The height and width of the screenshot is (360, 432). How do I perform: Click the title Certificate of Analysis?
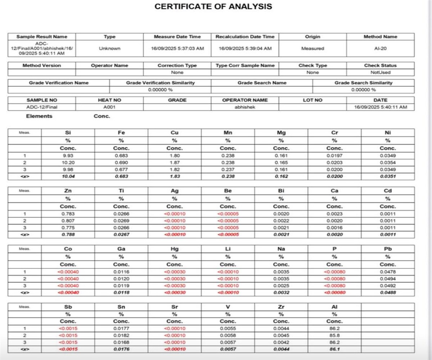tap(213, 6)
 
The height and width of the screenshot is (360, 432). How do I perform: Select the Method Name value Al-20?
tap(380, 48)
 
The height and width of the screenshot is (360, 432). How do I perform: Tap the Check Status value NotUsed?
tap(380, 72)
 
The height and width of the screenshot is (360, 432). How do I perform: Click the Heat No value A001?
tap(109, 107)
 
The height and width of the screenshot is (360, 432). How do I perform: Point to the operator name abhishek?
tap(245, 107)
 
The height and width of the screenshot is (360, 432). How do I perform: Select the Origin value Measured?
tap(312, 48)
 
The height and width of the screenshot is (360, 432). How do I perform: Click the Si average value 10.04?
tap(68, 176)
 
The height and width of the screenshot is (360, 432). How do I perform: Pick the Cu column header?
tap(175, 132)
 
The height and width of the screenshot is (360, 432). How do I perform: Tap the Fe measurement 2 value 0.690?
tap(121, 163)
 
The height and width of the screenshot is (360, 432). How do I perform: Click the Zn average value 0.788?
tap(68, 235)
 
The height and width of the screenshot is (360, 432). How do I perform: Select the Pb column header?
tap(388, 249)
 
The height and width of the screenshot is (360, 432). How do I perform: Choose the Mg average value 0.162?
tap(281, 176)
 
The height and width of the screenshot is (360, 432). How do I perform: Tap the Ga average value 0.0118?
tap(121, 292)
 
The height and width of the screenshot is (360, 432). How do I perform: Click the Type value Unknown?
tap(109, 48)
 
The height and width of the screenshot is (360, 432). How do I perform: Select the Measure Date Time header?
tap(177, 37)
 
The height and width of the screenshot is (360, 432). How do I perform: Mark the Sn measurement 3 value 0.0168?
tap(121, 342)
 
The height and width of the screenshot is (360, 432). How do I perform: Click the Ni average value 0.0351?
tap(388, 176)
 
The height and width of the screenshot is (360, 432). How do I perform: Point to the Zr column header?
tap(281, 307)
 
